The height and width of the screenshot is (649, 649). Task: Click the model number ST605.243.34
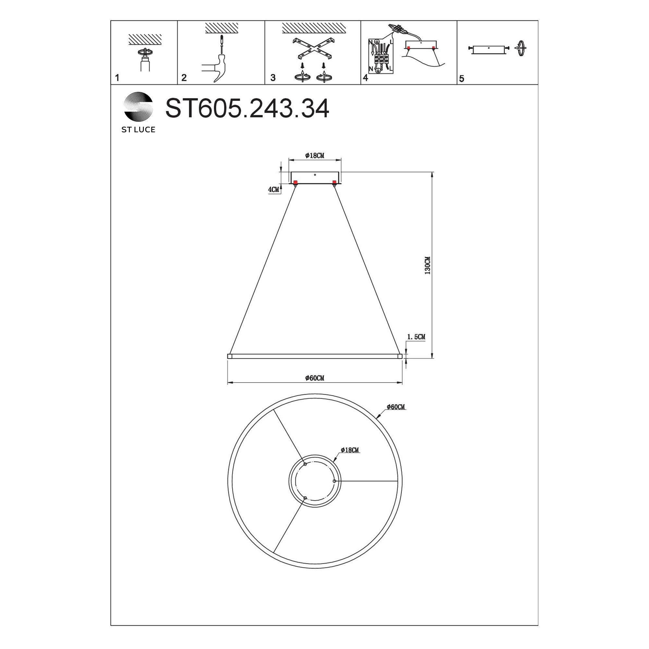point(247,108)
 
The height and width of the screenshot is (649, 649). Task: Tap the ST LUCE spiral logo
point(139,106)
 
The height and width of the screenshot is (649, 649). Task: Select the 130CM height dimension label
point(427,265)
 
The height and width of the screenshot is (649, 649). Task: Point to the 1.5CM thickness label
point(416,337)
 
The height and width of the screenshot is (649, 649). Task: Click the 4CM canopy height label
point(274,190)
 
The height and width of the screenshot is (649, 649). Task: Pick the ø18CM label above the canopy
point(315,155)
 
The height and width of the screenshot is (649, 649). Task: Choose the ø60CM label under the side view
point(315,378)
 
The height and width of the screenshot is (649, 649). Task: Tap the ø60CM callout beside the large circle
point(396,407)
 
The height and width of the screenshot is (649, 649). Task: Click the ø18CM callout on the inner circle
point(350,450)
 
